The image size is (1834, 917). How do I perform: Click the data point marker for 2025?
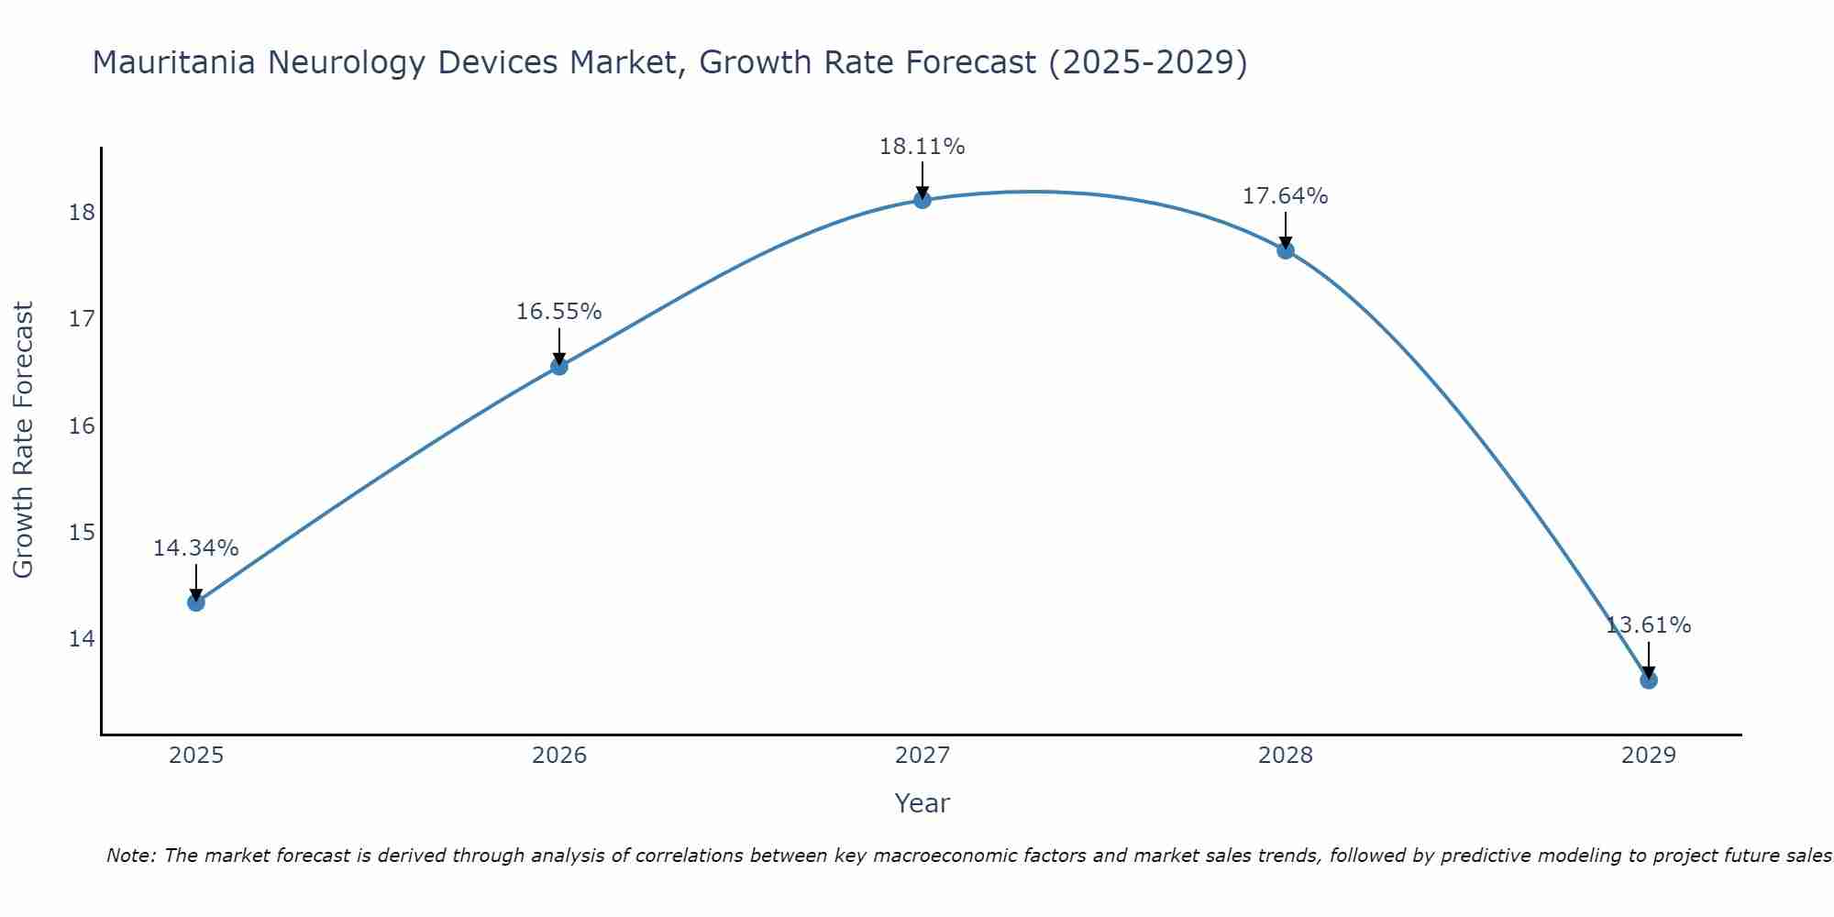click(195, 602)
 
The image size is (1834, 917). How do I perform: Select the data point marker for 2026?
click(558, 367)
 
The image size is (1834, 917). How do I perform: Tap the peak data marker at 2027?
click(923, 200)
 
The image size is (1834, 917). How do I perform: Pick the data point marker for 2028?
click(1286, 250)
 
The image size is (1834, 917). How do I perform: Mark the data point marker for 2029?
click(1649, 679)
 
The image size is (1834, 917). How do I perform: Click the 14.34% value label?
click(195, 548)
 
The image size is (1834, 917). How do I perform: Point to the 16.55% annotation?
click(558, 312)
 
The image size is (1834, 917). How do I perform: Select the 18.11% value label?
click(923, 147)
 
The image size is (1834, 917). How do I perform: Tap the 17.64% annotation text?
click(1286, 196)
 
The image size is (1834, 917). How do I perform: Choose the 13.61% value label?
click(1649, 625)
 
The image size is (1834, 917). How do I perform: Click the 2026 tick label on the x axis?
click(559, 756)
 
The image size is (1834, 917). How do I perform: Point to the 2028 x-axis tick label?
click(1286, 756)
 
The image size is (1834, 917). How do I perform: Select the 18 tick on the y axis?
click(82, 213)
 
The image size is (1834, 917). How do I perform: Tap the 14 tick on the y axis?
click(82, 638)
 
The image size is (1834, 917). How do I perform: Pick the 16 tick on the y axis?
click(82, 425)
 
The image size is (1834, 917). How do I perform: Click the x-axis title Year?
click(923, 803)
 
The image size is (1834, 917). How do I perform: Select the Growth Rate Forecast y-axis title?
click(24, 439)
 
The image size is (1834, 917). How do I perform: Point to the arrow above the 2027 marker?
click(923, 180)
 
